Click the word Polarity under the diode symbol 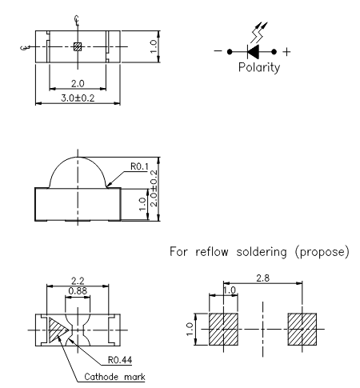pos(259,67)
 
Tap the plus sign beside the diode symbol pos(286,52)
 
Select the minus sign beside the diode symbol pos(218,51)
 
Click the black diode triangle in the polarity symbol pos(254,52)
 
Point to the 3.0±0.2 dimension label pos(78,98)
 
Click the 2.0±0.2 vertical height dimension pos(154,188)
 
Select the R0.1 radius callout pos(139,166)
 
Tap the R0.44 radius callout pos(120,360)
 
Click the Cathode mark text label pos(114,377)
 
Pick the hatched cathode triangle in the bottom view pos(57,330)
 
